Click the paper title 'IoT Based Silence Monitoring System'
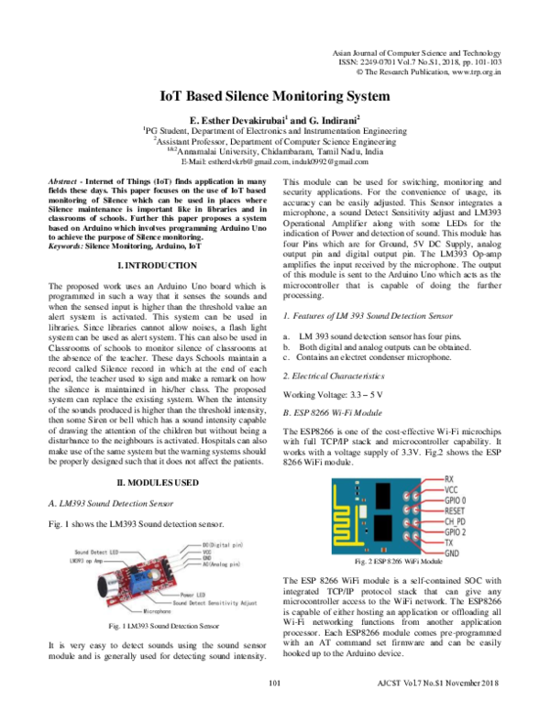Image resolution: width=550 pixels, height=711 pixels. pyautogui.click(x=275, y=95)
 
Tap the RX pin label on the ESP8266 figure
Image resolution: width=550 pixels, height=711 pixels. pyautogui.click(x=448, y=479)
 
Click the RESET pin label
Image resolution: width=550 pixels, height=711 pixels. pyautogui.click(x=455, y=511)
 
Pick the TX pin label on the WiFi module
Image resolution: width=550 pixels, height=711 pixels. pyautogui.click(x=447, y=543)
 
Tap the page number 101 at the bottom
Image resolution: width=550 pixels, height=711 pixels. pyautogui.click(x=273, y=684)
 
